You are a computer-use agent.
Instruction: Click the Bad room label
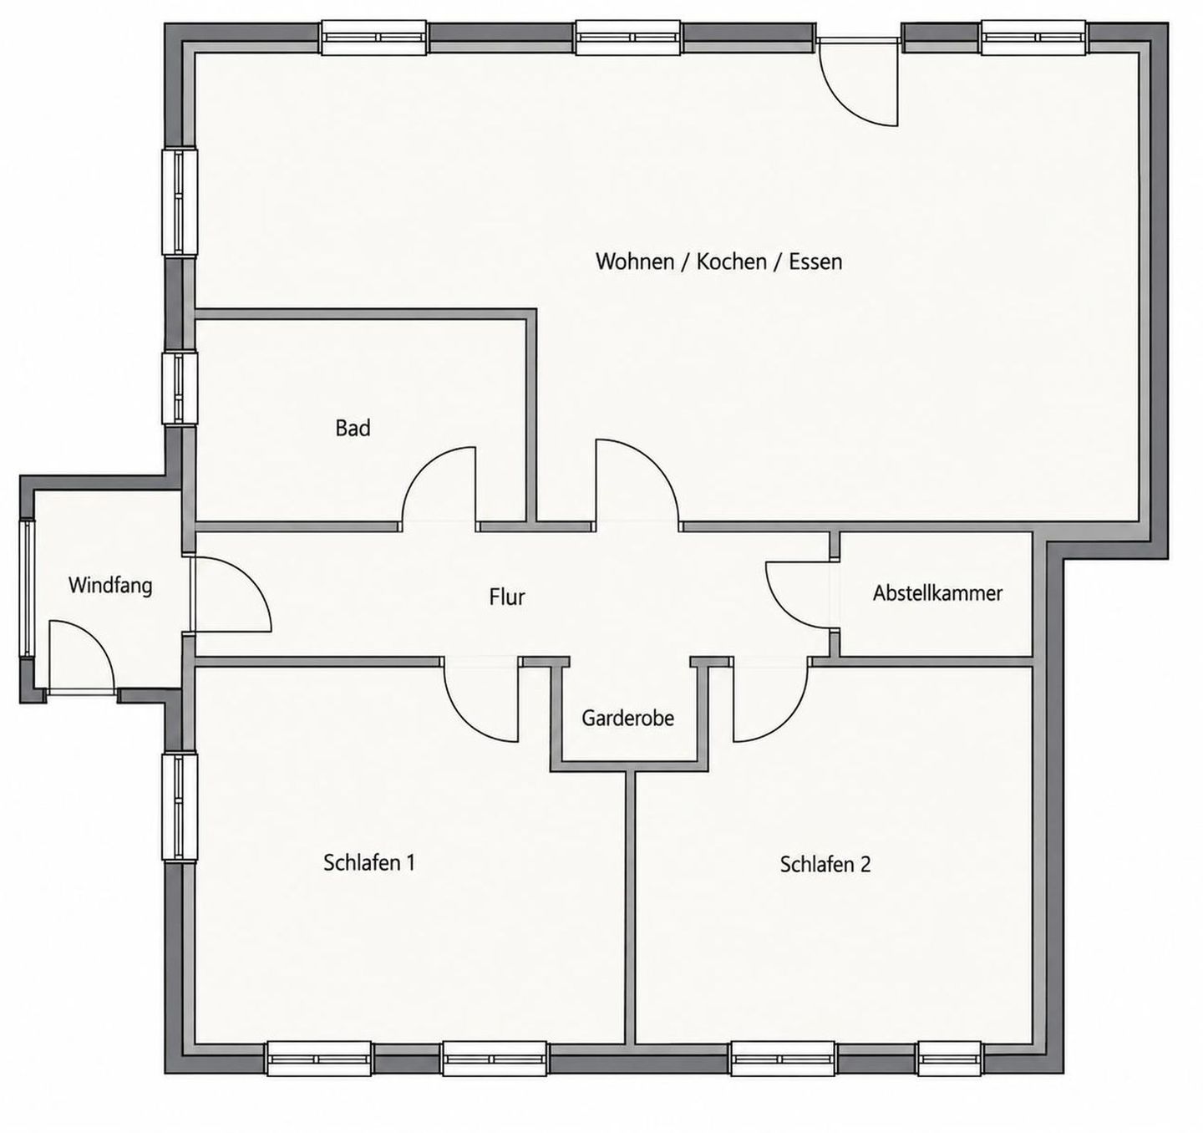coord(353,429)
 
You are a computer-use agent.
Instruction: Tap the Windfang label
coord(110,586)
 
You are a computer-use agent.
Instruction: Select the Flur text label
coord(507,597)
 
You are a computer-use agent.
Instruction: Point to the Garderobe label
coord(627,719)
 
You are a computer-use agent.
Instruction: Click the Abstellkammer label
coord(937,593)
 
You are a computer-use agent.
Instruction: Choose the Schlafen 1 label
coord(369,863)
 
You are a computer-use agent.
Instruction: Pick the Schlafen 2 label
coord(825,865)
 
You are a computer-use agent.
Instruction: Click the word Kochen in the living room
coord(732,262)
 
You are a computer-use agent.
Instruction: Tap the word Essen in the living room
coord(815,262)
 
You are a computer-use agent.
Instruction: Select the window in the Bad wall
coord(180,389)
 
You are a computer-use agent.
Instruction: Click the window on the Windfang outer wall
coord(28,588)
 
